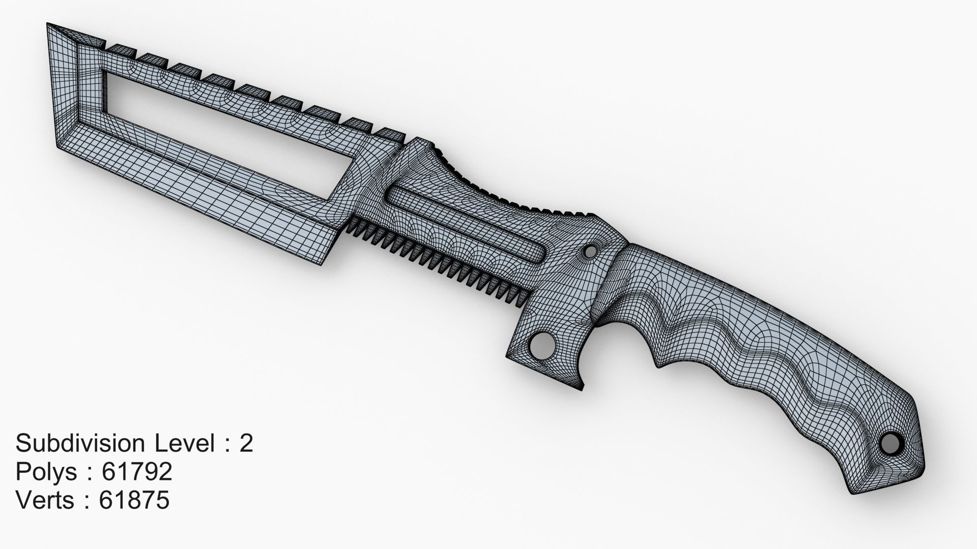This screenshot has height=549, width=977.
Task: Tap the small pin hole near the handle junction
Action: tap(590, 251)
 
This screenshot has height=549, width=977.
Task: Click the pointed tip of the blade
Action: tap(48, 24)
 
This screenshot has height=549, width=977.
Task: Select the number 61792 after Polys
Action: tap(137, 472)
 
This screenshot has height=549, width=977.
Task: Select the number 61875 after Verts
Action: tap(134, 500)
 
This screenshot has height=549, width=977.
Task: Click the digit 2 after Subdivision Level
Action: tap(246, 443)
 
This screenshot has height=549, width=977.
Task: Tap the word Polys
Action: tap(46, 472)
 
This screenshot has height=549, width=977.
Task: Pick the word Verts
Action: tap(45, 500)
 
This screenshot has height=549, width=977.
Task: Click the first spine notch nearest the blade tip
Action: tap(120, 49)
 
